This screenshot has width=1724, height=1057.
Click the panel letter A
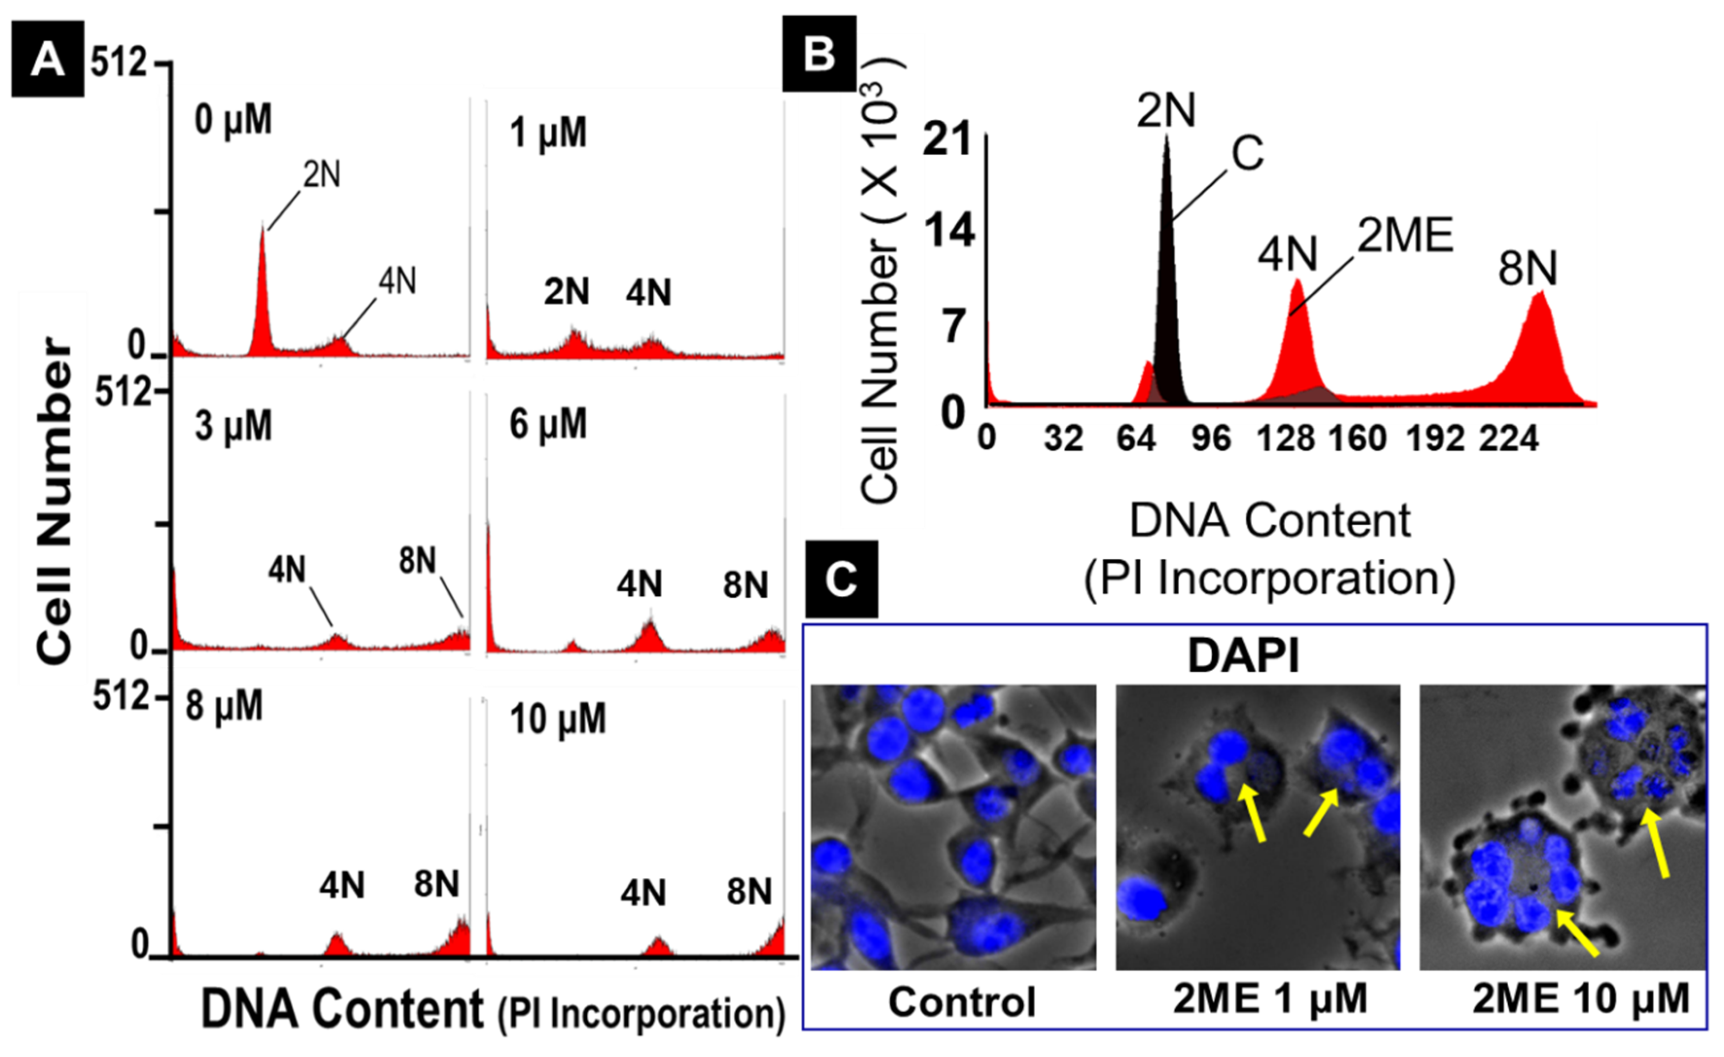[x=47, y=59]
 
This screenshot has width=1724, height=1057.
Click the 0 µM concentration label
[x=233, y=120]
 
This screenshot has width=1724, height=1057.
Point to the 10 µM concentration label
[x=558, y=719]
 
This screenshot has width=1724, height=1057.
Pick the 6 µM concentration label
[x=548, y=424]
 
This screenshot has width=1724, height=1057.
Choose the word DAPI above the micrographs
[x=1243, y=656]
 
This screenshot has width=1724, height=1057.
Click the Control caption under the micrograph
[x=962, y=1002]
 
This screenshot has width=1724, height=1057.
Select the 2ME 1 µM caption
[x=1270, y=999]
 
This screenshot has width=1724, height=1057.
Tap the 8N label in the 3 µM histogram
[x=418, y=561]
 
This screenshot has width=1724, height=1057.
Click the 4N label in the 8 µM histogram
[x=342, y=886]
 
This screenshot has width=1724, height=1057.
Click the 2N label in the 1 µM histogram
[x=567, y=292]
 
